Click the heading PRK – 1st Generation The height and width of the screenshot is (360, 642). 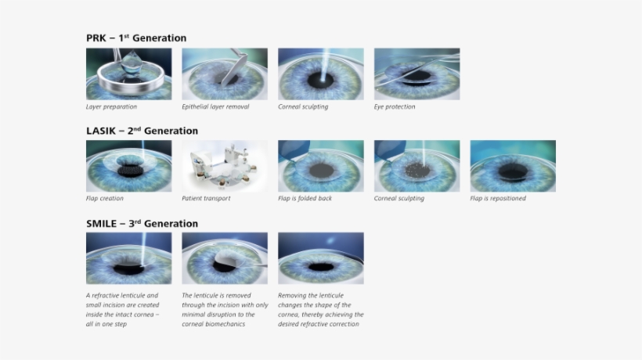pos(136,38)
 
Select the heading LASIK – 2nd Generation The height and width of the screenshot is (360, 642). pos(142,131)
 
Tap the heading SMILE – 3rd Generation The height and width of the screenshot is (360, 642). pos(142,223)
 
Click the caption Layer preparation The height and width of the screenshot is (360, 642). pos(111,106)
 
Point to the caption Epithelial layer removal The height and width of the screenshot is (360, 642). pos(215,106)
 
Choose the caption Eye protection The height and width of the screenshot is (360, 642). pos(395,106)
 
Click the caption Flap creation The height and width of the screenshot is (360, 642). pos(105,199)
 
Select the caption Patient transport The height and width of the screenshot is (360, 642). pos(206,199)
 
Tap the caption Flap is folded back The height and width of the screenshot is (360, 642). pos(305,199)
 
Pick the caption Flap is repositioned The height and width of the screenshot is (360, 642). pos(498,199)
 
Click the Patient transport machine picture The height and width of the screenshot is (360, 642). pos(225,166)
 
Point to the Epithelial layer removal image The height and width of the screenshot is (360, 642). pos(225,74)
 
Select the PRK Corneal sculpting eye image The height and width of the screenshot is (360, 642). pos(321,74)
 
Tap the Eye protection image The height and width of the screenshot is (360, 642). pos(417,74)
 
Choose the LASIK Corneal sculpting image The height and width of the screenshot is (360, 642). pos(417,166)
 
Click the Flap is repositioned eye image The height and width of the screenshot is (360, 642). pos(513,166)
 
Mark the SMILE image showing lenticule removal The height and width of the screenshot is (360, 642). pos(225,258)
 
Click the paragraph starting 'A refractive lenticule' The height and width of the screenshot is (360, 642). pos(121,310)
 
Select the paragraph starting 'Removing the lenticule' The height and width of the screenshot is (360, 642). pos(320,310)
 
